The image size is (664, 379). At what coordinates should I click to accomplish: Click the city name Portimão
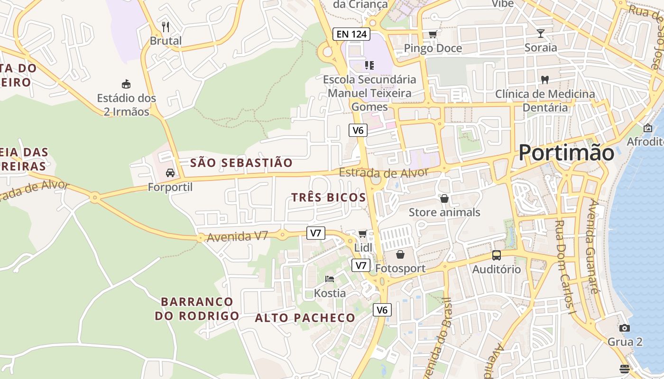[x=566, y=153]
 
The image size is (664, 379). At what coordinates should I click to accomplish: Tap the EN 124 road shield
[x=351, y=34]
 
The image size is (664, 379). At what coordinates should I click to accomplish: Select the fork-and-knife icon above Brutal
[x=166, y=27]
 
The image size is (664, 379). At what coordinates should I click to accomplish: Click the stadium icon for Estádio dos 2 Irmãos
[x=126, y=84]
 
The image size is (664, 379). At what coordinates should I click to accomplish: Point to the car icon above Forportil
[x=170, y=173]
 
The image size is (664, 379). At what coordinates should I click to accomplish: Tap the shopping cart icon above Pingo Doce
[x=433, y=34]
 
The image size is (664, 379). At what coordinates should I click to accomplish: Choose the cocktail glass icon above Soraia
[x=541, y=33]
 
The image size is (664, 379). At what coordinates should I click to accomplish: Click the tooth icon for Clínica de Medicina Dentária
[x=545, y=80]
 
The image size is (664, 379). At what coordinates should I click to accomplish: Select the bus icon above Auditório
[x=496, y=255]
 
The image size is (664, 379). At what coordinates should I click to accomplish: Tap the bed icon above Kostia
[x=330, y=279]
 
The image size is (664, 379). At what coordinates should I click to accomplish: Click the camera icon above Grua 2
[x=625, y=328]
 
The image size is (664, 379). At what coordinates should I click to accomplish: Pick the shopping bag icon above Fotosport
[x=400, y=254]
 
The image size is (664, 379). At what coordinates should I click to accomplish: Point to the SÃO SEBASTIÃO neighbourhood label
[x=241, y=163]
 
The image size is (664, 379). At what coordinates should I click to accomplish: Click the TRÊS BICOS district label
[x=329, y=198]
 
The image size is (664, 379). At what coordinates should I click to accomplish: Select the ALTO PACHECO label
[x=305, y=318]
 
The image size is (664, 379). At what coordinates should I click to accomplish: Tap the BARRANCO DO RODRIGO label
[x=197, y=308]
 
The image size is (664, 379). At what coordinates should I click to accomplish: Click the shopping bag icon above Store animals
[x=444, y=199]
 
